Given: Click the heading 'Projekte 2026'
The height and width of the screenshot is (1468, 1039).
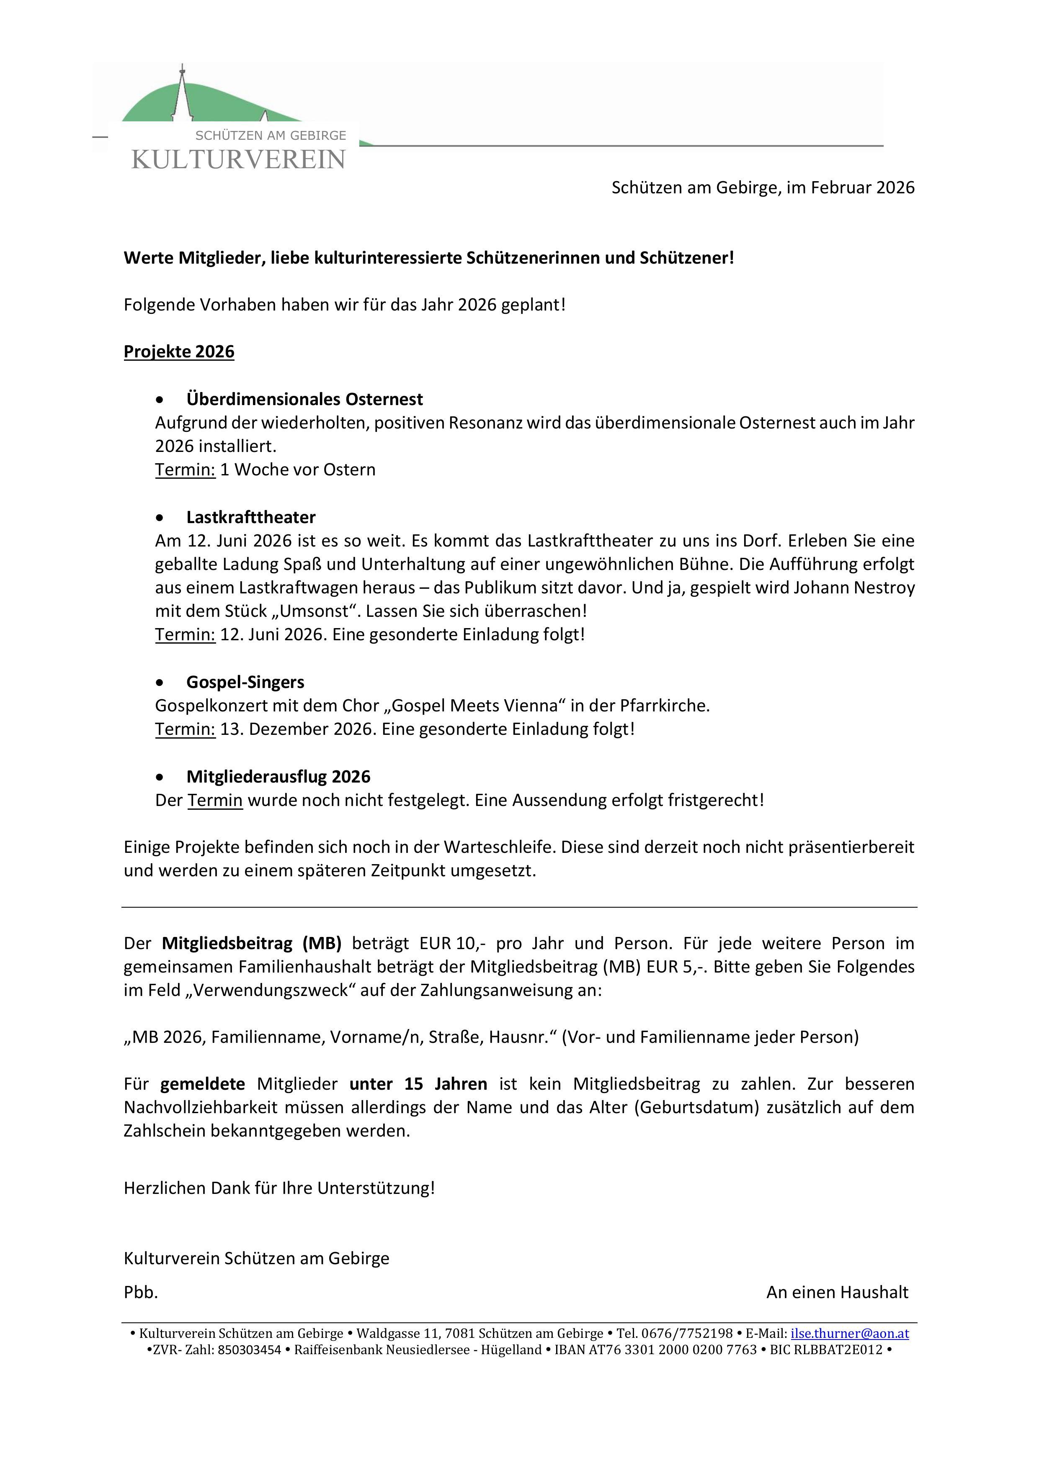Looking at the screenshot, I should pyautogui.click(x=179, y=352).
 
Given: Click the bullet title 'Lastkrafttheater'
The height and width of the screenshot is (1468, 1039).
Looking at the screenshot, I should pyautogui.click(x=251, y=517).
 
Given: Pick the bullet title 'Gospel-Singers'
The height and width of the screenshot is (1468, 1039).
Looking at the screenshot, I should pyautogui.click(x=245, y=682).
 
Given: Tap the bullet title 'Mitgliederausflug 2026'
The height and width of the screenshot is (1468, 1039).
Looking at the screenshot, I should pyautogui.click(x=278, y=776).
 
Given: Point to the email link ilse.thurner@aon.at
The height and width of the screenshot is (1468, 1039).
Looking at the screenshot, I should pyautogui.click(x=850, y=1333).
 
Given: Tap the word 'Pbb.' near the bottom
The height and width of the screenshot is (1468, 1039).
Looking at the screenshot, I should pyautogui.click(x=141, y=1292).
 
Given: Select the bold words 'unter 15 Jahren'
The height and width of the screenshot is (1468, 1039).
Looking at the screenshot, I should pyautogui.click(x=418, y=1084).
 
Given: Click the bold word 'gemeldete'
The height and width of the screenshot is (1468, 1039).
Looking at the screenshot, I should pyautogui.click(x=202, y=1084).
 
